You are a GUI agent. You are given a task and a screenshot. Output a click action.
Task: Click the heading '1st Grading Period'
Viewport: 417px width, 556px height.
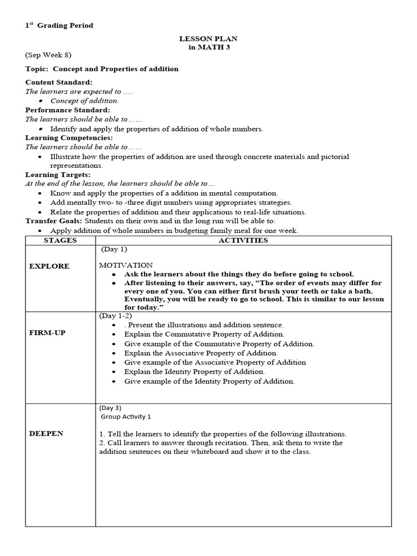point(59,26)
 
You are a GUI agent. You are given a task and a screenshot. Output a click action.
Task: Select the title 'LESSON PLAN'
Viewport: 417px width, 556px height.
point(208,39)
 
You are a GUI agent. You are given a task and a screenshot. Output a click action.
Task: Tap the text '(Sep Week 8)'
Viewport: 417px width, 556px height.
point(48,55)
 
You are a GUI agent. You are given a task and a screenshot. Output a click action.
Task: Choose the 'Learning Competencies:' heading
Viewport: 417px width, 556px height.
point(68,138)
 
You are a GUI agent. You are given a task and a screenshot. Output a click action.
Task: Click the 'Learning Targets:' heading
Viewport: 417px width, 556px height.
point(58,175)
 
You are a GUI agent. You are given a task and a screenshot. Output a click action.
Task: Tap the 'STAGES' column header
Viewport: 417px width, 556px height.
point(60,241)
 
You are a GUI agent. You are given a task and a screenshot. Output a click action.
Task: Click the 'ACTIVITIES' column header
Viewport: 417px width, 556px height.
point(243,241)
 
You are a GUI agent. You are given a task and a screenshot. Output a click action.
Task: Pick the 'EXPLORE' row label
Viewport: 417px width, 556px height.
point(49,266)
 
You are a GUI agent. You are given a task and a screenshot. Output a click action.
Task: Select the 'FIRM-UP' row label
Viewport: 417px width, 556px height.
point(47,332)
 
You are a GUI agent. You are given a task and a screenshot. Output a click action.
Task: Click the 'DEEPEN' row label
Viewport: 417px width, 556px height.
point(46,433)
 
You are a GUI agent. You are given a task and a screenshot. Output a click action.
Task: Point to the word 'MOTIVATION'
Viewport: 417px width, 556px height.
point(126,265)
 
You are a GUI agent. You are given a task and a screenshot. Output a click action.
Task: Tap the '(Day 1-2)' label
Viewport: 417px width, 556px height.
point(115,315)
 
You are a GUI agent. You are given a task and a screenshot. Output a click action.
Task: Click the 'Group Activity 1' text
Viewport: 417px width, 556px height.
point(126,416)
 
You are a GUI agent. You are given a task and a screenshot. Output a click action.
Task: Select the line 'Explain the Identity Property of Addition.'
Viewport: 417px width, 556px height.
point(194,371)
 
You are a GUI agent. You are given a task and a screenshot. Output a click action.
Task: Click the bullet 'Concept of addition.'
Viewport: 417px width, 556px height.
point(84,101)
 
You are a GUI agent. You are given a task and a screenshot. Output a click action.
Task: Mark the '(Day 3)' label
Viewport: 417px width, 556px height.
point(110,408)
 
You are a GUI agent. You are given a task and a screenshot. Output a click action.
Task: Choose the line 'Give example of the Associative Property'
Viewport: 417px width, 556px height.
point(215,362)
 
